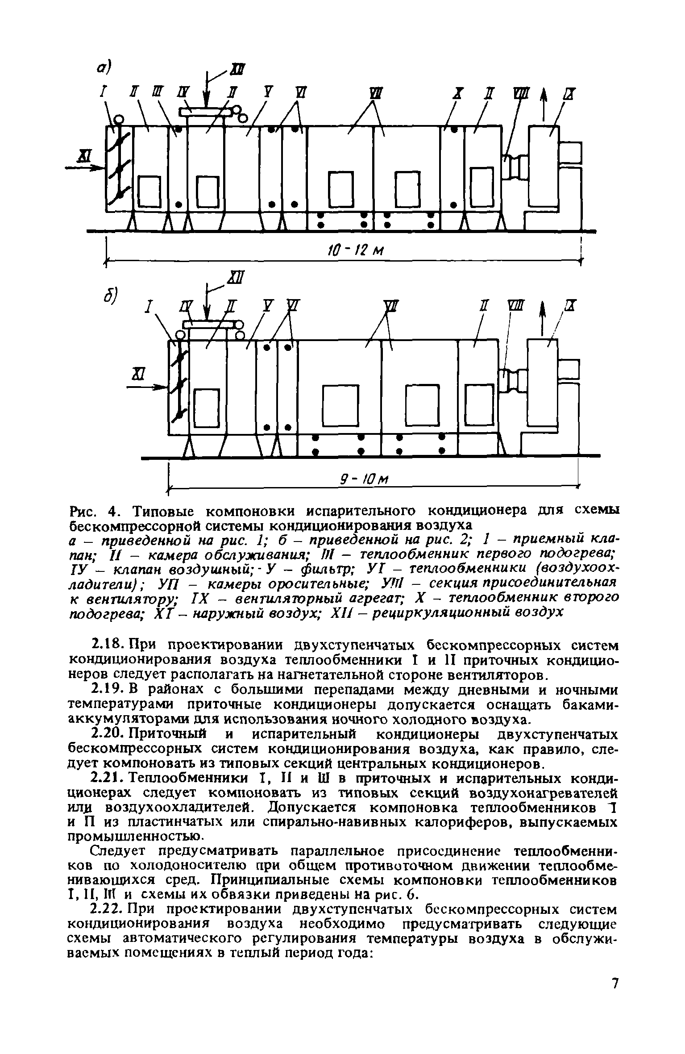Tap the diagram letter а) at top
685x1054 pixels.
point(105,68)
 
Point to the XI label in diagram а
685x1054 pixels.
point(83,156)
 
